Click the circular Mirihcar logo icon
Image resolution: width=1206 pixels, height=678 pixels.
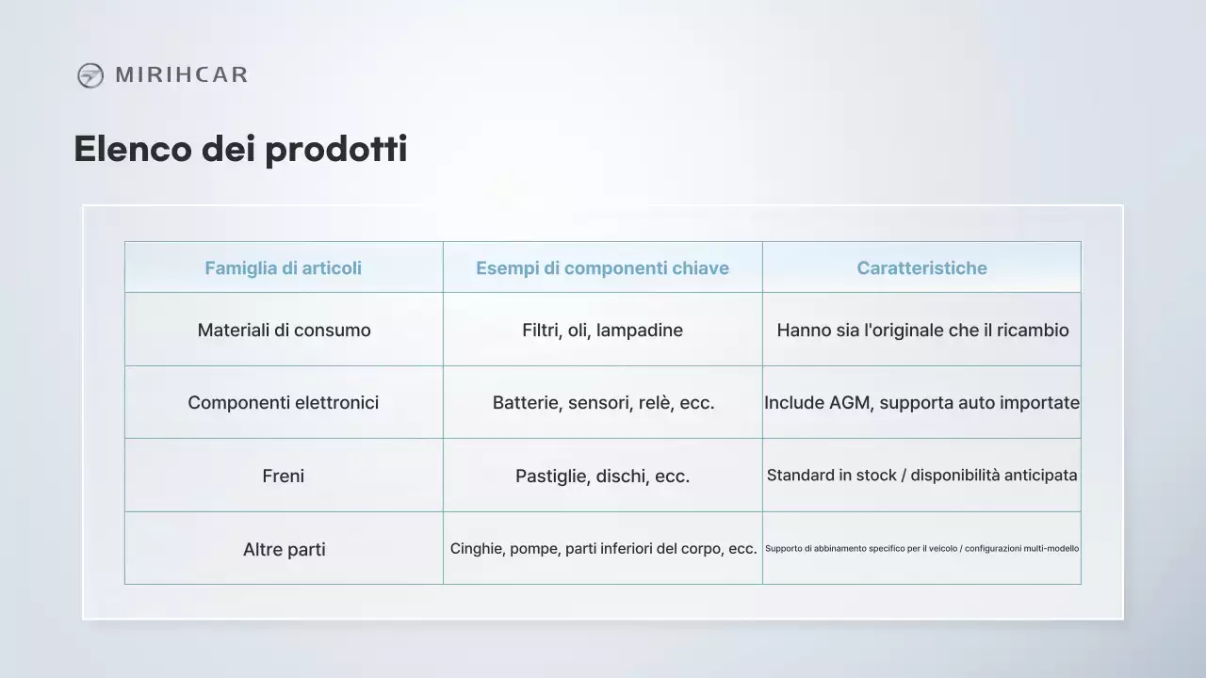point(90,75)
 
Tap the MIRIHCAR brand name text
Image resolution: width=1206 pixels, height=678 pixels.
point(181,75)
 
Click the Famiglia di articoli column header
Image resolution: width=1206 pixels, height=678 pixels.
point(284,268)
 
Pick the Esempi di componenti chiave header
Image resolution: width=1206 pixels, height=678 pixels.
point(602,268)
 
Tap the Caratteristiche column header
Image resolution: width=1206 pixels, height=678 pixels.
point(921,268)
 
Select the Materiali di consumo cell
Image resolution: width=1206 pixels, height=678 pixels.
point(284,331)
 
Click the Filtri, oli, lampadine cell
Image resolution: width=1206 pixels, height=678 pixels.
point(602,331)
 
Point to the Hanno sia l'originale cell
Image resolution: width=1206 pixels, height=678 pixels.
point(921,331)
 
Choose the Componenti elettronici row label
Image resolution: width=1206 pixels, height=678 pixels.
point(284,403)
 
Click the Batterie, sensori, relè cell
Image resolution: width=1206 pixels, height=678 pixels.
point(603,403)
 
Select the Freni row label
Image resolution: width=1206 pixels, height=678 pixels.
point(284,476)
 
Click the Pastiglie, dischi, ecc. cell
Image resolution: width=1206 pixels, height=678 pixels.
point(602,476)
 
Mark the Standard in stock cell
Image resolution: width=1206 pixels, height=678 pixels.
point(921,476)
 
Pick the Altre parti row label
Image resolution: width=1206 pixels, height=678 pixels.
point(284,550)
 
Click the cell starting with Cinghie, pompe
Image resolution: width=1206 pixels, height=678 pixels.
point(603,549)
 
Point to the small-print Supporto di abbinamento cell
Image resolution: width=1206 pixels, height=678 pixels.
point(921,548)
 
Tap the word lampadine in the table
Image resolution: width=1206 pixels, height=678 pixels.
point(640,331)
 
